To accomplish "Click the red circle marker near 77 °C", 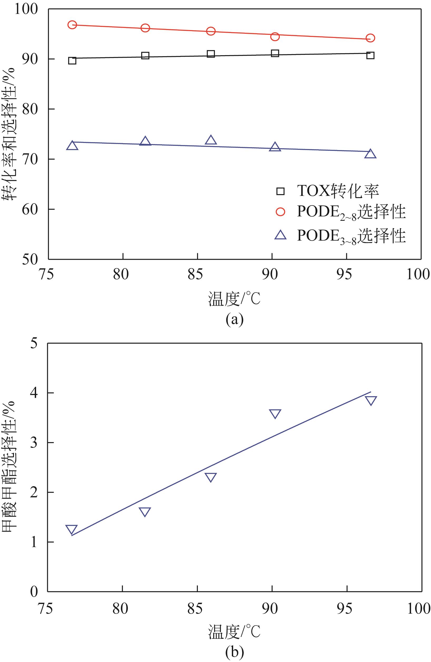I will (72, 25).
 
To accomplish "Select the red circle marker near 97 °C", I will (370, 38).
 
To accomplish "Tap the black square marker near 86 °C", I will (211, 54).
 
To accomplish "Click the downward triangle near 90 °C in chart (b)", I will (275, 413).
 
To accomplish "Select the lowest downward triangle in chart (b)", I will (71, 529).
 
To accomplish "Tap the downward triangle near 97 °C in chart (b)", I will (371, 400).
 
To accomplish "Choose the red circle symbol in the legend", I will (280, 212).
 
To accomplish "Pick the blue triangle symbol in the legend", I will (280, 235).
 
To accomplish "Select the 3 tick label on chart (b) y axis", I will (34, 443).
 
